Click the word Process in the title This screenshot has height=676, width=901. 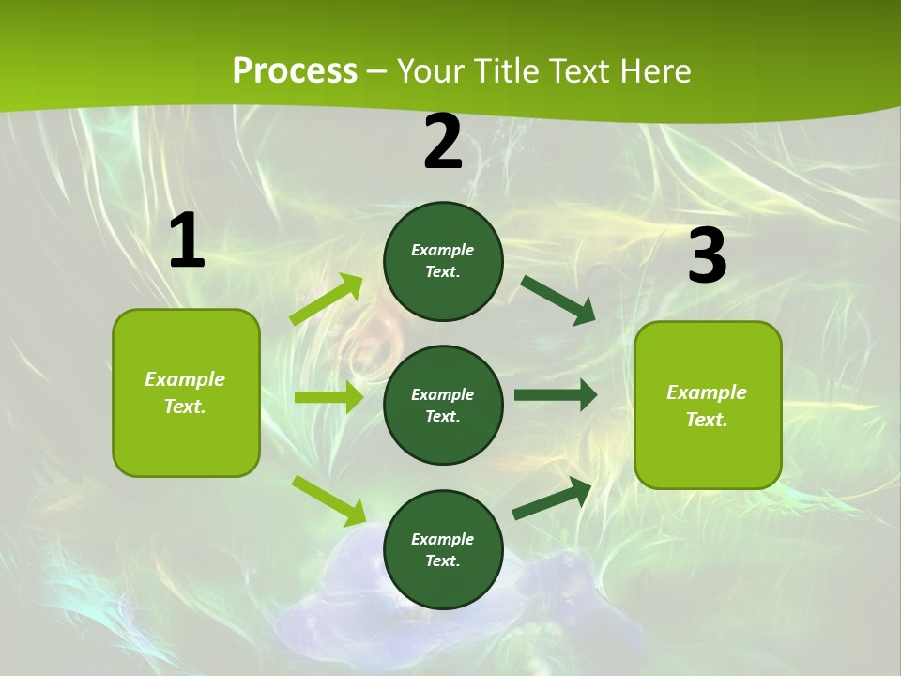(x=295, y=70)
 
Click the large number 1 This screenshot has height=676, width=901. (x=187, y=241)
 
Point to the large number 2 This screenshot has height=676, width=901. (x=443, y=143)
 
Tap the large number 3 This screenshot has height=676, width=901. (x=707, y=256)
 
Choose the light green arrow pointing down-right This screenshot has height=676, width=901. (x=328, y=500)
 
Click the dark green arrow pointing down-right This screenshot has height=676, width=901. (x=557, y=300)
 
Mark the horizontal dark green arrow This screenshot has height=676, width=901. (x=556, y=395)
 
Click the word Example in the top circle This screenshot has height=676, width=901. (x=443, y=250)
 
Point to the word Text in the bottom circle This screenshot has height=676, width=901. (x=441, y=561)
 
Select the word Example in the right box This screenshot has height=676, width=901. (x=707, y=392)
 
